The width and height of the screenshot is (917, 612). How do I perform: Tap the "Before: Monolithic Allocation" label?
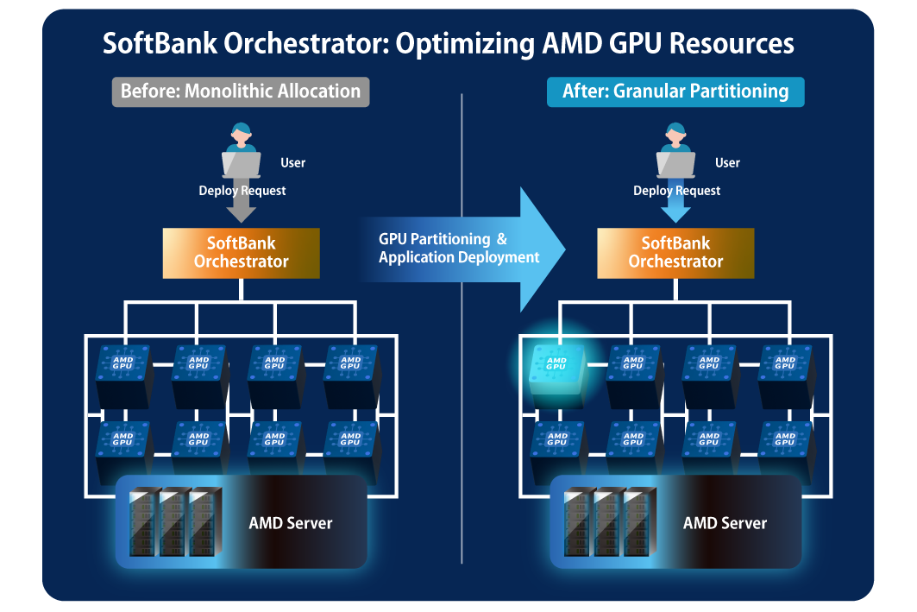coord(240,91)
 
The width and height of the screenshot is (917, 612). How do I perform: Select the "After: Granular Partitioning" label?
coord(675,91)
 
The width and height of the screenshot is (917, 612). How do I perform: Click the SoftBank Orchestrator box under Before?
coord(241,253)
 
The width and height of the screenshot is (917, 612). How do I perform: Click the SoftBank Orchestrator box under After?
coord(675,253)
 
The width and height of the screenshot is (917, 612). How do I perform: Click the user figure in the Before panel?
coord(241,150)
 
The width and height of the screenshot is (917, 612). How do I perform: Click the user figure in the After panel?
coord(675,150)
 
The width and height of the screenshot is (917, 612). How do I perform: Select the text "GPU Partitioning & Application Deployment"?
coord(459,249)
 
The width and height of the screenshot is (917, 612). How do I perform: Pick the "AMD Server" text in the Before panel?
coord(291,523)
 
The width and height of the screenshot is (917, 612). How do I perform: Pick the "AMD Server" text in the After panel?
coord(725,523)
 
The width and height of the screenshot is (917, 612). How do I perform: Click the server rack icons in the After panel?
coord(606,522)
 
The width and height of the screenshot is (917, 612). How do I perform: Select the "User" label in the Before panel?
coord(293,163)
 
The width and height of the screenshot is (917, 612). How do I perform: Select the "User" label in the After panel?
coord(728,163)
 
